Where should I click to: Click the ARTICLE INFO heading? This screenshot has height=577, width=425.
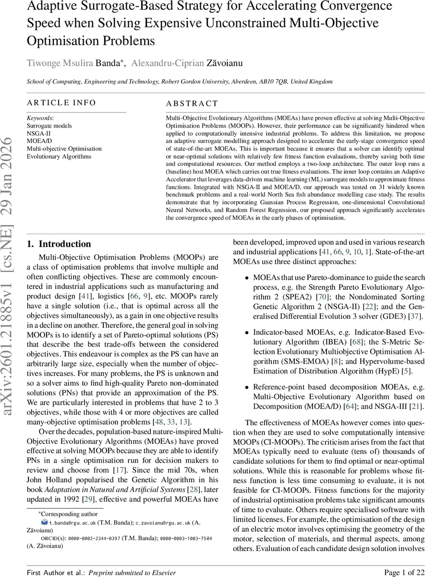pyautogui.click(x=61, y=102)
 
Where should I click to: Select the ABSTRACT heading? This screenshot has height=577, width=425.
pyautogui.click(x=192, y=103)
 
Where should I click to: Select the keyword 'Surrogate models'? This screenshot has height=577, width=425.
pyautogui.click(x=49, y=125)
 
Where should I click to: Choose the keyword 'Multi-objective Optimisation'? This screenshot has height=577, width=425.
pyautogui.click(x=64, y=149)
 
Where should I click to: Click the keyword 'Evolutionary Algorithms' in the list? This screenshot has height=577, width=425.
pyautogui.click(x=59, y=156)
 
